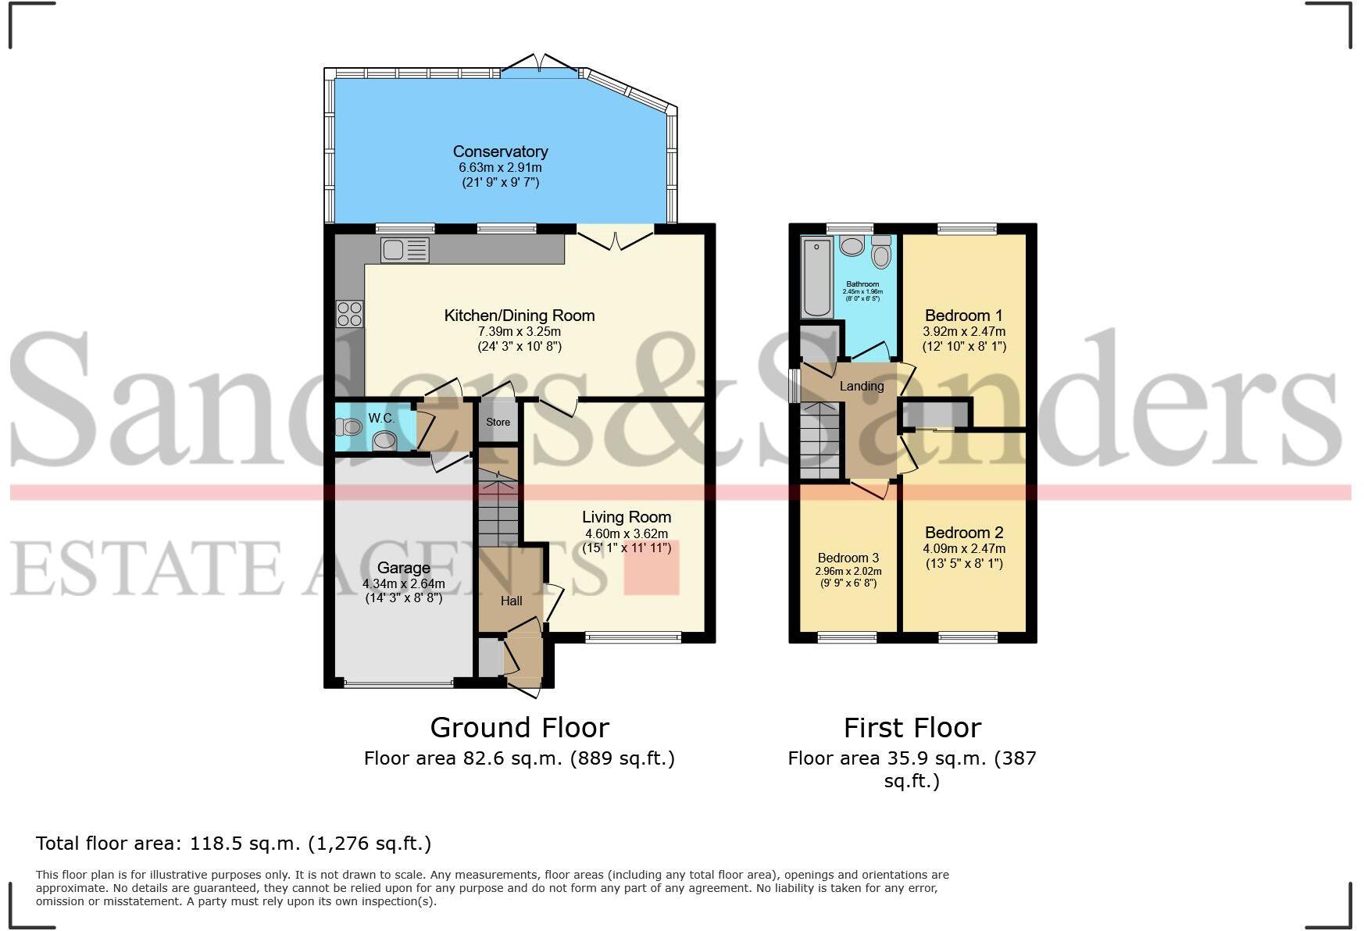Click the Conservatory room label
coord(500,152)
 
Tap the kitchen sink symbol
coord(405,250)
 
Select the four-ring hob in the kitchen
coord(350,313)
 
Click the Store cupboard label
coord(498,422)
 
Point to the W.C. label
coord(381,419)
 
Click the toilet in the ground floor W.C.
coord(349,426)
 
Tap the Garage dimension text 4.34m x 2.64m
coord(403,583)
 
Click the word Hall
coord(511,601)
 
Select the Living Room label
coord(626,517)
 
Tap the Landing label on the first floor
coord(861,386)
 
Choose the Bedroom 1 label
coord(963,316)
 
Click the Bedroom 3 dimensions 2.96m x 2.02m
coord(848,571)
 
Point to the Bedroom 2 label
coord(963,533)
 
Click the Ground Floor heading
coord(519,728)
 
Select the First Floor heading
coord(912,728)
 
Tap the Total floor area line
coord(233,844)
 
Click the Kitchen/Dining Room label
coord(519,316)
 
